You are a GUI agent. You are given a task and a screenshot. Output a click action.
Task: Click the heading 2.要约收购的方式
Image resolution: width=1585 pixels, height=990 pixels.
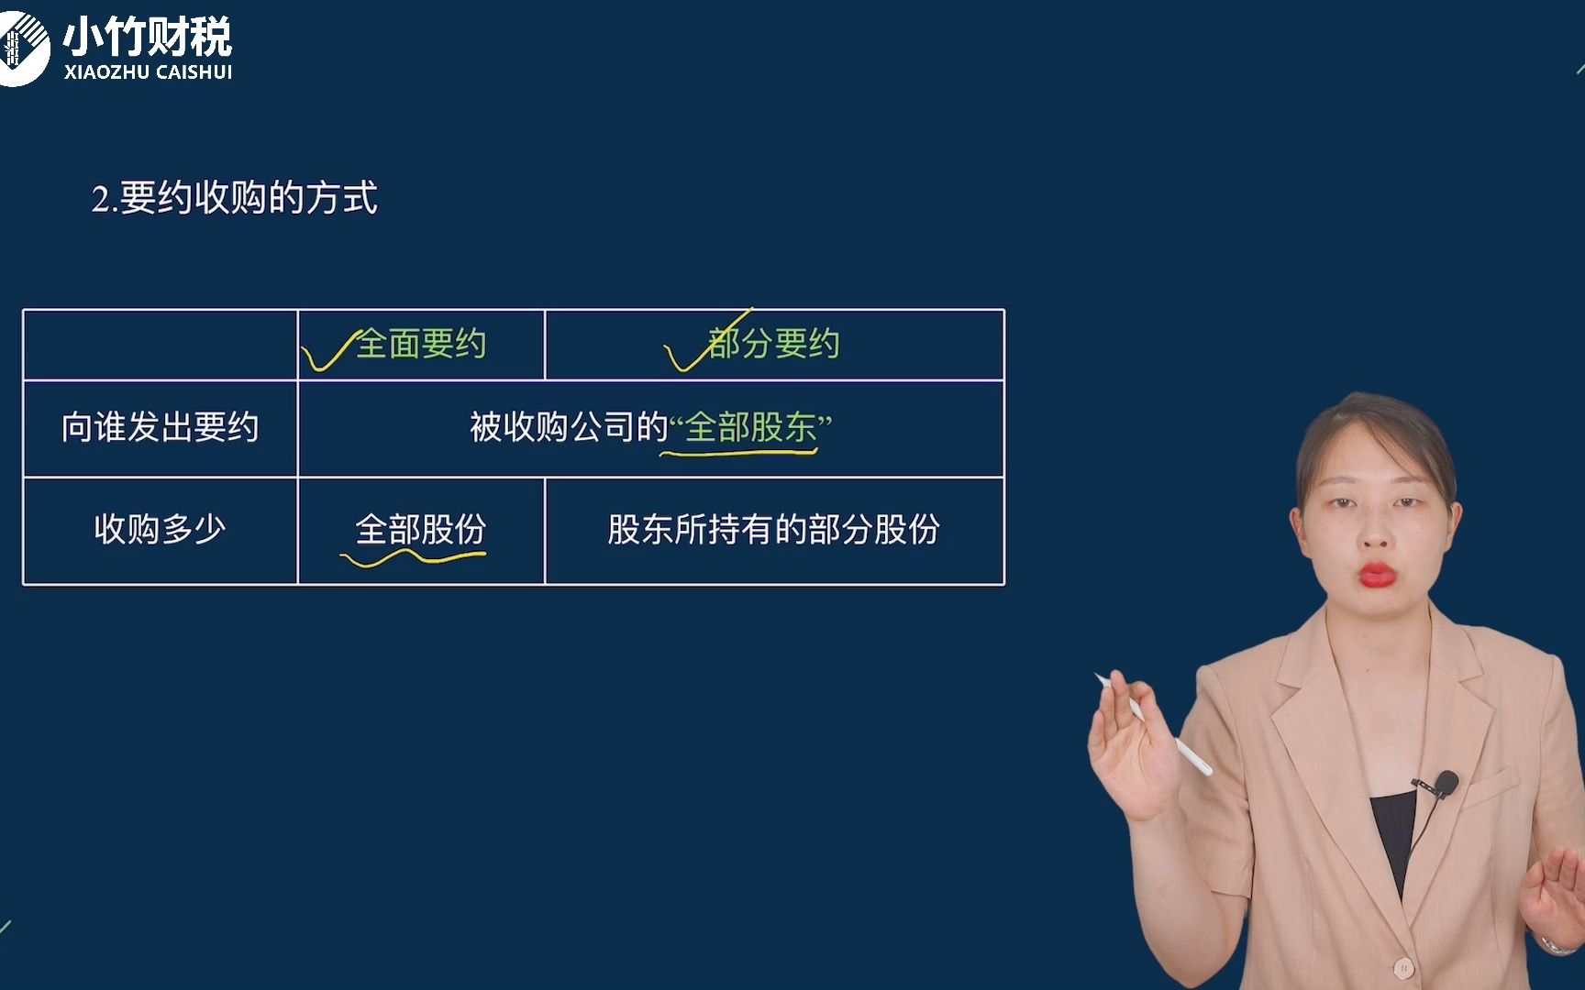(x=234, y=198)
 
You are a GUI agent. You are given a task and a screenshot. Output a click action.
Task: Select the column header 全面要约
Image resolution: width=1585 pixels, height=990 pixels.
(x=420, y=344)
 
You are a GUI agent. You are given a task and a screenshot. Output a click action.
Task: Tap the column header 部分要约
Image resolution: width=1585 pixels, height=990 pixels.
(x=773, y=344)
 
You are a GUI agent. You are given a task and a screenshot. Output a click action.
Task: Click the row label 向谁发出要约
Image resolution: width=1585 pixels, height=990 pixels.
(x=160, y=427)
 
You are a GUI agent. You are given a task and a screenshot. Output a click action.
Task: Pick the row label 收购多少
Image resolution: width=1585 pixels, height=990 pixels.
(x=160, y=529)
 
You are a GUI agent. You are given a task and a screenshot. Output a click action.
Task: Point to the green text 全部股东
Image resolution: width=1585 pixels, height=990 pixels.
(x=750, y=427)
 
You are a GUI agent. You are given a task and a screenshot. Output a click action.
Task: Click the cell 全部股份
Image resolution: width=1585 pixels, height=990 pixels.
(x=420, y=529)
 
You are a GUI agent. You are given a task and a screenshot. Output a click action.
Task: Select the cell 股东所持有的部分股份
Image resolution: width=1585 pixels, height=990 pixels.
(x=773, y=529)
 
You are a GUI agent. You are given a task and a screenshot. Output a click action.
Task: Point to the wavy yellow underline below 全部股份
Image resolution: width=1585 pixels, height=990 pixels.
(x=413, y=556)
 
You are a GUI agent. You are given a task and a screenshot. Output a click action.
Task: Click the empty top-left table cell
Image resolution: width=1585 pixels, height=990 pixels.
(x=160, y=345)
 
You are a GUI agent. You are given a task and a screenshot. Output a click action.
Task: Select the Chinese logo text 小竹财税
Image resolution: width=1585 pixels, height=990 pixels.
(x=147, y=37)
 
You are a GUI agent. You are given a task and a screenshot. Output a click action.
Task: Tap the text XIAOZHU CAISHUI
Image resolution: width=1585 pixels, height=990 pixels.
(x=148, y=72)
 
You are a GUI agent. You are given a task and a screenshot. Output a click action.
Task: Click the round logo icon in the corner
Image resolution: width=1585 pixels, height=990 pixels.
(x=20, y=48)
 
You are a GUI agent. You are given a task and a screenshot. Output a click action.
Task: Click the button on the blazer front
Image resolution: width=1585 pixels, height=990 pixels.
(x=1402, y=967)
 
